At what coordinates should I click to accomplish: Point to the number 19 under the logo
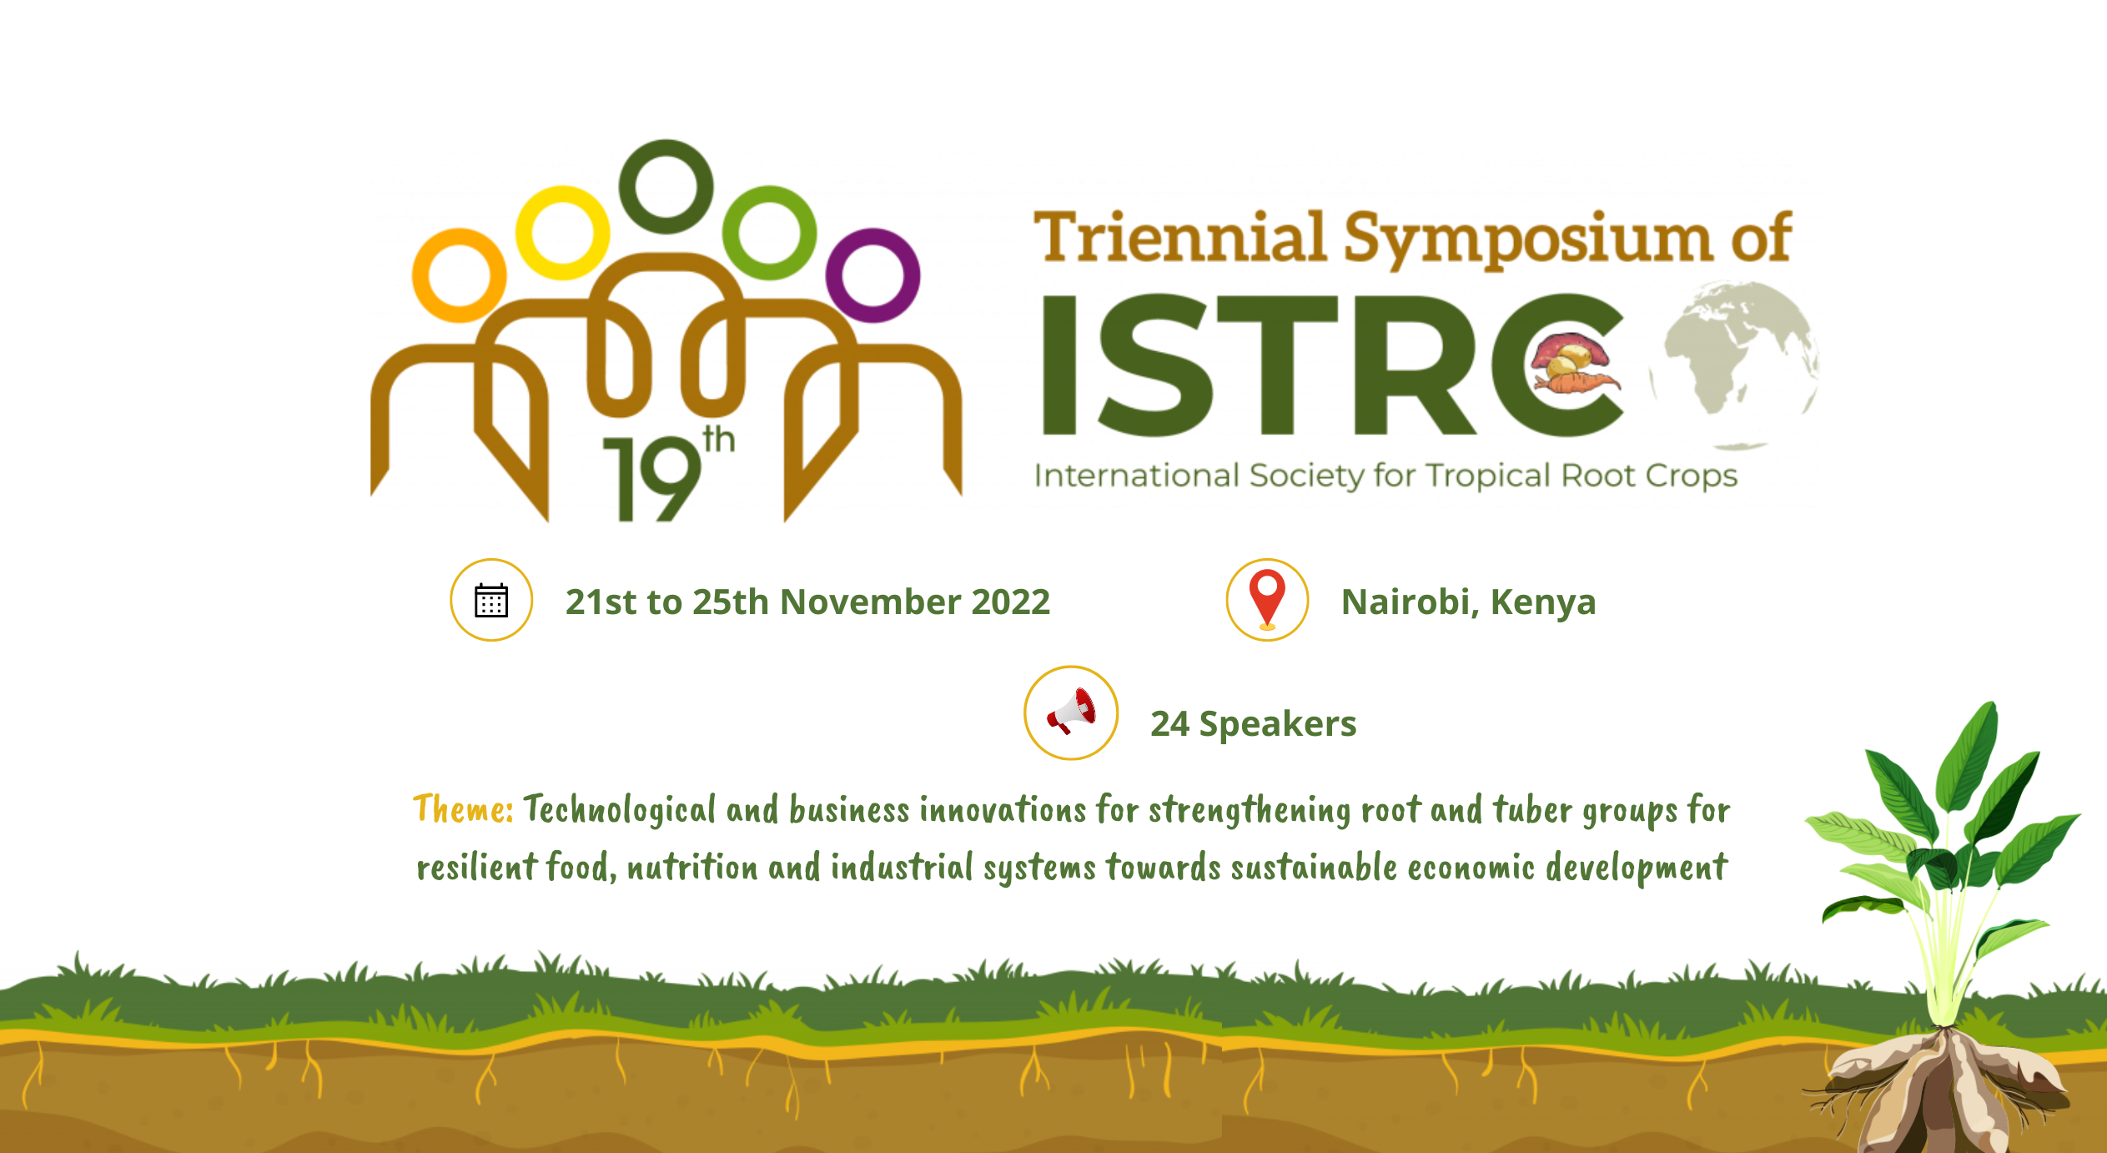tap(652, 479)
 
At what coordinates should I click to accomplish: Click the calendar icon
tap(491, 600)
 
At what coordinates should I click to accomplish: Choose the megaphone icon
tap(1072, 712)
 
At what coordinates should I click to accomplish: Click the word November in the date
tap(870, 602)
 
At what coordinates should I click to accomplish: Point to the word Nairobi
tap(1406, 602)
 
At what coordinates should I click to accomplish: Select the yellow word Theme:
tap(463, 808)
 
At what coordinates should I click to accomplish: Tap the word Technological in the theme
tap(620, 810)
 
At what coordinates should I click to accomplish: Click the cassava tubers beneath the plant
tap(1944, 1089)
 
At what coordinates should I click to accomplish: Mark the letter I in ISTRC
tap(1059, 365)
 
